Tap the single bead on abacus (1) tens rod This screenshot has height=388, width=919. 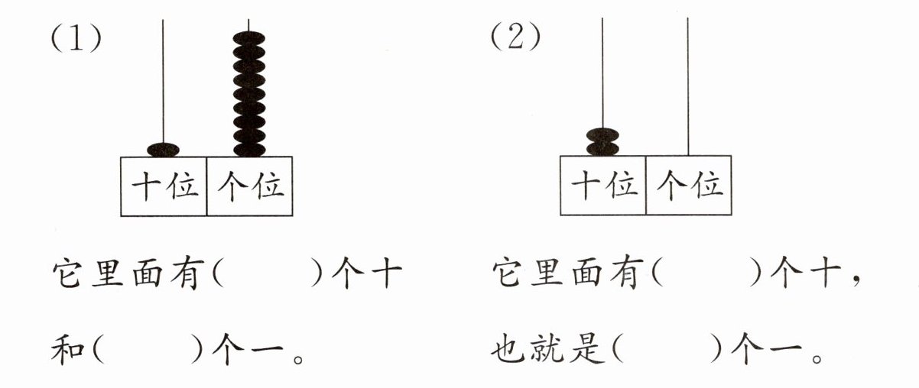tap(163, 149)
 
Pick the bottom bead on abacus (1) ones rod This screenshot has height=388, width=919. tap(249, 148)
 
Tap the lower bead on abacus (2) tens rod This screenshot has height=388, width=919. tap(602, 148)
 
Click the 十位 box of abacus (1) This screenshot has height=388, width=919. tap(164, 186)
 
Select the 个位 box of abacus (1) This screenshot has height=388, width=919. tap(250, 186)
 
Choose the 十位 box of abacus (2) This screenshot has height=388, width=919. tap(603, 186)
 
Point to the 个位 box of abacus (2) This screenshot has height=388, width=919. tap(689, 186)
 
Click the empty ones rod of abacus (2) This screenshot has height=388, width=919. tap(689, 84)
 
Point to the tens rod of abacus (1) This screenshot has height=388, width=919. tap(163, 76)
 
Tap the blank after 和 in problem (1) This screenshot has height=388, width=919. tap(148, 351)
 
